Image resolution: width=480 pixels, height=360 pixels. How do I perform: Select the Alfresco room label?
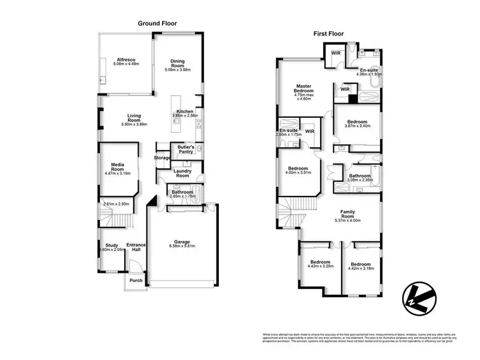[x=125, y=60]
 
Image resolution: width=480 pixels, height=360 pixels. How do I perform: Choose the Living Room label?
[x=134, y=118]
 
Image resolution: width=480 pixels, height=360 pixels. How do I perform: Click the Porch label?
[x=136, y=280]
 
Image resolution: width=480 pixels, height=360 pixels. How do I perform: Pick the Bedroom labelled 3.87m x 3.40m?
[x=357, y=122]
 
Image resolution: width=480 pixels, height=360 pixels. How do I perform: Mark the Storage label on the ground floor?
[x=163, y=158]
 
